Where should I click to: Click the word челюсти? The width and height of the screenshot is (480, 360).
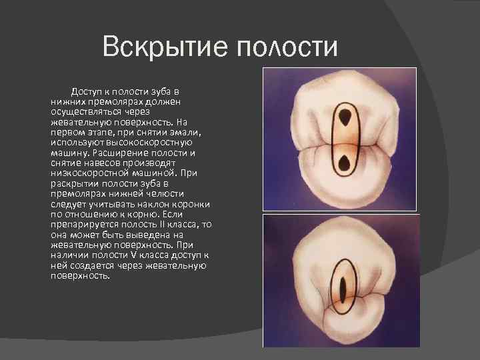coord(156,195)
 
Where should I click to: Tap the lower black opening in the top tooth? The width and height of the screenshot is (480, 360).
coord(346,163)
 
